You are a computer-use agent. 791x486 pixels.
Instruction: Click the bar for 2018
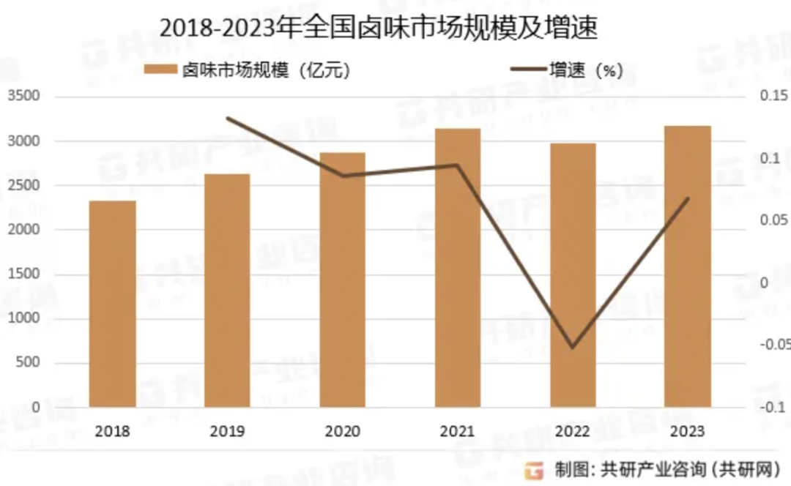click(113, 304)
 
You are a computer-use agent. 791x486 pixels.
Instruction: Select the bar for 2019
click(228, 291)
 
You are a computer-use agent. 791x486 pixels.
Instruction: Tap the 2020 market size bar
click(343, 280)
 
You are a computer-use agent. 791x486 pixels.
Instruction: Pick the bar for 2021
click(458, 268)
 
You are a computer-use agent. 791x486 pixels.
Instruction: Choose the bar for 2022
click(573, 275)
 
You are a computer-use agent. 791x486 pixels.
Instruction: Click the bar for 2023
click(688, 266)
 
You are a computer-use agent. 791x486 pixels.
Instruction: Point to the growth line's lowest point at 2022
click(573, 347)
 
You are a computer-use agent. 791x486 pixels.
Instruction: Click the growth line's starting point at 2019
click(228, 118)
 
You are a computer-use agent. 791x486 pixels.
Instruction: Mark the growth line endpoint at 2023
click(688, 198)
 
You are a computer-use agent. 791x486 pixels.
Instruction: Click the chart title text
click(379, 28)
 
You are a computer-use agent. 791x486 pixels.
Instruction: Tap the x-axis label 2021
click(458, 431)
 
